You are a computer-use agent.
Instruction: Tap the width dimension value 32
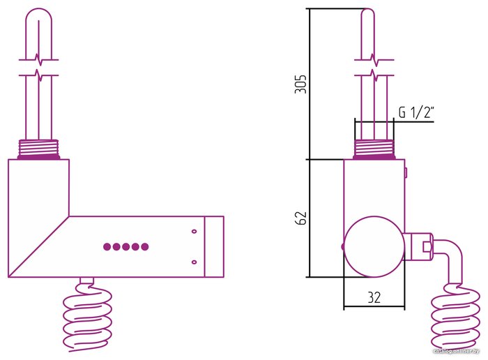[x=374, y=297]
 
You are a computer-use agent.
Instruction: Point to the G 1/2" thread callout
[x=417, y=112]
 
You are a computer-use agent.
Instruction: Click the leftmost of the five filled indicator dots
[x=107, y=246]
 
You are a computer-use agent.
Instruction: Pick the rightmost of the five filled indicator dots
[x=145, y=246]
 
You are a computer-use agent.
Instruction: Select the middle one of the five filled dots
[x=126, y=246]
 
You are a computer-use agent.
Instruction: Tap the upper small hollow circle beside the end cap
[x=194, y=230]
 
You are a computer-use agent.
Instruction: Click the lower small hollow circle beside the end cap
[x=194, y=262]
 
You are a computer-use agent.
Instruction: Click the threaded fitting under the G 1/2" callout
[x=374, y=149]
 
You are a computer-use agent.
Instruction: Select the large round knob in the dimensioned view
[x=373, y=247]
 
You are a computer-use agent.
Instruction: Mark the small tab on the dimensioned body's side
[x=406, y=170]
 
